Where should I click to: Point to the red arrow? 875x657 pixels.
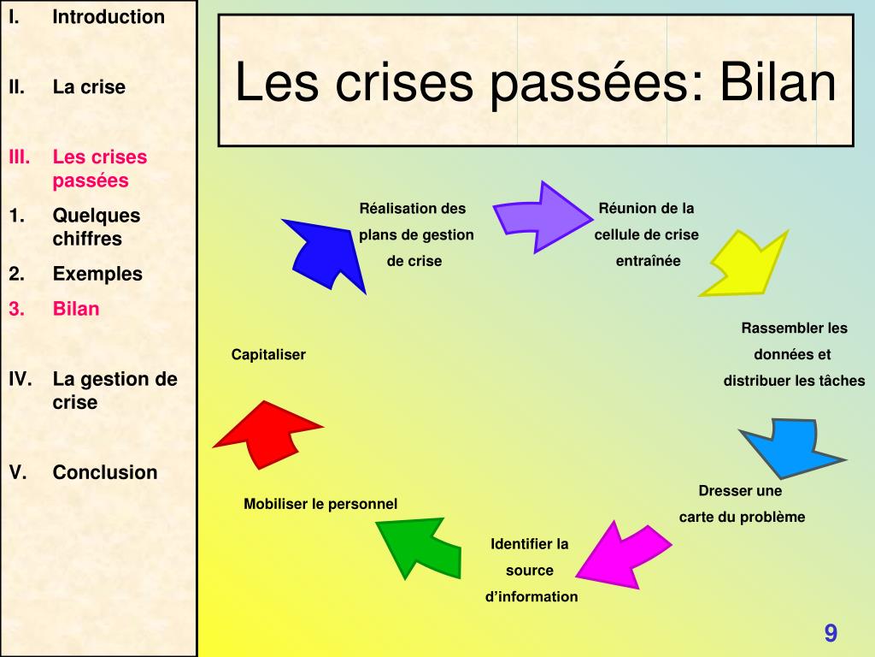[x=267, y=432]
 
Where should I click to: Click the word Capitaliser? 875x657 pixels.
[x=268, y=354]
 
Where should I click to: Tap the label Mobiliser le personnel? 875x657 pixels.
[x=320, y=504]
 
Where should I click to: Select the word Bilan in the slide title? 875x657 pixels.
[x=778, y=83]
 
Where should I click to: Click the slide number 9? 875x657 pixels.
[x=831, y=634]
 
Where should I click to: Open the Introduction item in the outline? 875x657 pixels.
[x=109, y=17]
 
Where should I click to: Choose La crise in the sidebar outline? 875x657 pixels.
[x=89, y=86]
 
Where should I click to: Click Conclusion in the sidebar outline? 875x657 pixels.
[x=105, y=472]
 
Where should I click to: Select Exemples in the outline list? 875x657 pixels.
[x=97, y=274]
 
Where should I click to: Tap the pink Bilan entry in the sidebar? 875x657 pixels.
[x=76, y=309]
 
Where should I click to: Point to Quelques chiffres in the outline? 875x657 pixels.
[x=96, y=227]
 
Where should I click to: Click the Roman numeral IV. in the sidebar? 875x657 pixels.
[x=21, y=378]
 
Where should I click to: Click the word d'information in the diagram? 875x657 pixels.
[x=531, y=596]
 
